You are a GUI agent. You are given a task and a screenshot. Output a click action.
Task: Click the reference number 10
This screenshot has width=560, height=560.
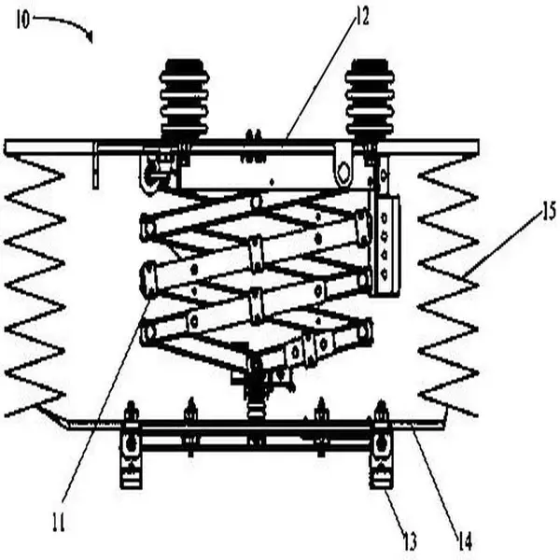(22, 21)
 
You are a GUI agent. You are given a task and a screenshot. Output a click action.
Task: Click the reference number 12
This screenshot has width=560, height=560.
(362, 17)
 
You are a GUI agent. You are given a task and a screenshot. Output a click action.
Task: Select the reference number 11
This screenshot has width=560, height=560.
(59, 522)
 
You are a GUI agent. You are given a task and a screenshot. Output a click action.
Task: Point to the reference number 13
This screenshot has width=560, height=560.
(410, 541)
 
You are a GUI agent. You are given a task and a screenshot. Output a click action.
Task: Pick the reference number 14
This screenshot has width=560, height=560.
(465, 541)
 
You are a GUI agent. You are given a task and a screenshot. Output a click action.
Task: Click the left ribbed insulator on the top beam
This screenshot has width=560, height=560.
(185, 99)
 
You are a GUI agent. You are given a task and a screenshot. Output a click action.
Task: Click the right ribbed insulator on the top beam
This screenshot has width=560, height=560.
(370, 99)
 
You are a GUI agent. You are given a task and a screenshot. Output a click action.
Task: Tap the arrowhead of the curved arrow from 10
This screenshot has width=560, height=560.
(90, 36)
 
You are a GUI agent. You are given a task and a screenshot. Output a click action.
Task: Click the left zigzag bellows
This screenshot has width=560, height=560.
(35, 286)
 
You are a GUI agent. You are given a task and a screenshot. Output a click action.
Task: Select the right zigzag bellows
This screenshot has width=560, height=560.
(448, 286)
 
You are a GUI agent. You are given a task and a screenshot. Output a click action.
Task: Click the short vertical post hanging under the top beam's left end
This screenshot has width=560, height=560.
(95, 165)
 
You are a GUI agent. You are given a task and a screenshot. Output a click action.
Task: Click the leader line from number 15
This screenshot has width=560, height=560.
(502, 245)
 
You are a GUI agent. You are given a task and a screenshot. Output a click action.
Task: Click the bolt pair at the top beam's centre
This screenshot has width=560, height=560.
(254, 147)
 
